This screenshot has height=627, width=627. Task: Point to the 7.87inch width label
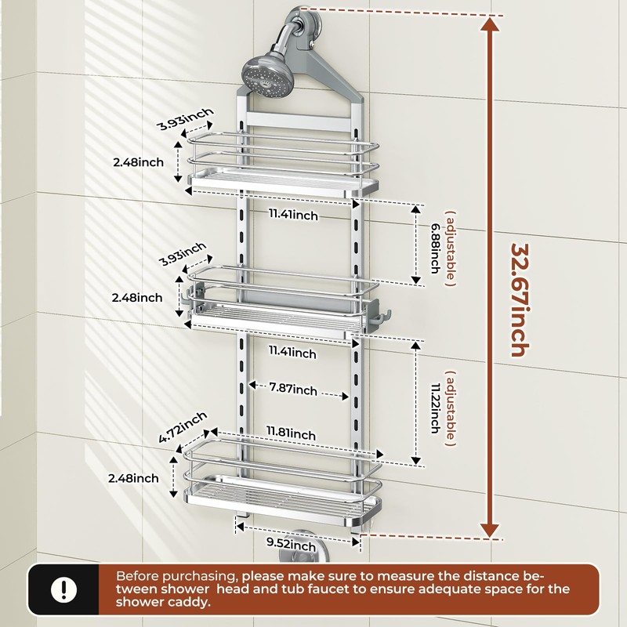294,390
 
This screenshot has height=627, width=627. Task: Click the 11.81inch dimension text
291,433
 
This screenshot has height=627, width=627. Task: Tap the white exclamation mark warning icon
60,588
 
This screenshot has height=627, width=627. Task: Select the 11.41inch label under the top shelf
292,215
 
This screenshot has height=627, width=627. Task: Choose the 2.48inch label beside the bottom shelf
133,477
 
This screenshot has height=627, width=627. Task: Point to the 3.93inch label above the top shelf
184,121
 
